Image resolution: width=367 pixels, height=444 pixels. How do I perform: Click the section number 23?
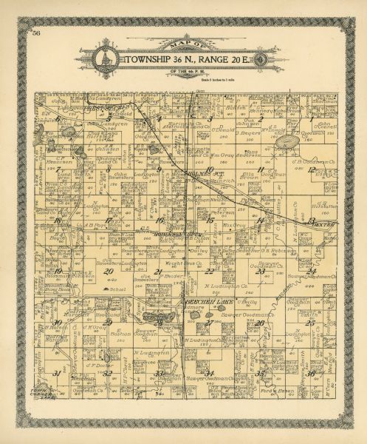pos(261,271)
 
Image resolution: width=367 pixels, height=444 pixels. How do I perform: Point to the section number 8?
pos(109,169)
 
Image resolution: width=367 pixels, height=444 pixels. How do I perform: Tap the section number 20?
pos(109,271)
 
